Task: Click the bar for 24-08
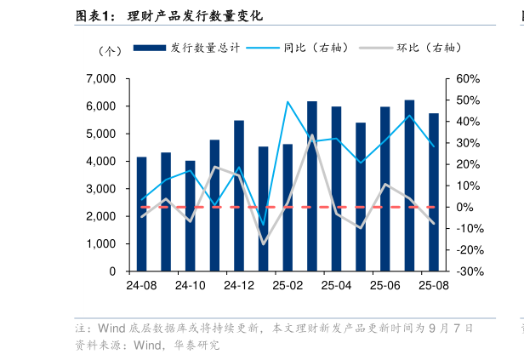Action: (141, 214)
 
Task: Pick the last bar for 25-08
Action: (434, 192)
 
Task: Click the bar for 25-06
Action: (385, 189)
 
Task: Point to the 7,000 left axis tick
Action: (101, 79)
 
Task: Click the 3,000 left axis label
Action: (101, 189)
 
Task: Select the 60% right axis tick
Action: (469, 79)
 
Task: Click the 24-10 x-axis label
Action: (190, 287)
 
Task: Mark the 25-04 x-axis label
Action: (336, 287)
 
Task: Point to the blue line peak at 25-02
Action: (288, 102)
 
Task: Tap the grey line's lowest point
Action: (263, 243)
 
